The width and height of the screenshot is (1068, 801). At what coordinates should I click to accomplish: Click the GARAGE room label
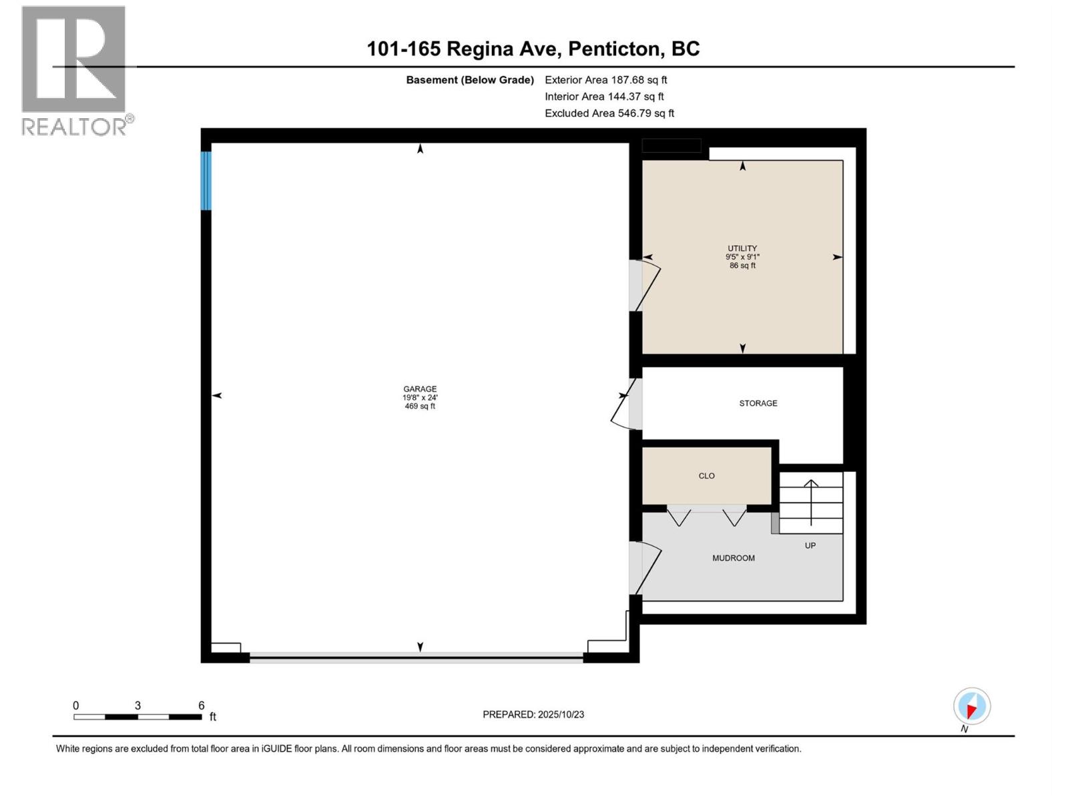point(420,388)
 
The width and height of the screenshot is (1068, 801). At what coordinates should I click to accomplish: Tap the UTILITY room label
point(742,248)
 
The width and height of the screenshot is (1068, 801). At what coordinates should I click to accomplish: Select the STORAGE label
point(758,403)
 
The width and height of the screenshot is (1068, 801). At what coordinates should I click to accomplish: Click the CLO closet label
point(706,476)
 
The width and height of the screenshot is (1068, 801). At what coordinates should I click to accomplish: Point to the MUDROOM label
point(733,558)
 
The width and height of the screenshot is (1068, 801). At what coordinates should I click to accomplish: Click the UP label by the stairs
point(810,545)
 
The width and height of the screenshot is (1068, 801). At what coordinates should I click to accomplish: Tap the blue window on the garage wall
point(206,181)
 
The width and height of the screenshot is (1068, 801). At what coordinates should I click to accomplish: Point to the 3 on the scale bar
point(138,706)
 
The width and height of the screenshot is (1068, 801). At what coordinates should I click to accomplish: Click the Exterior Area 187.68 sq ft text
point(605,80)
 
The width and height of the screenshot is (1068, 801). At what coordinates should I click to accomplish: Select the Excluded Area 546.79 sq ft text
point(609,113)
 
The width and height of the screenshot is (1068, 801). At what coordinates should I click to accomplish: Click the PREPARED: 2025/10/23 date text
point(533,714)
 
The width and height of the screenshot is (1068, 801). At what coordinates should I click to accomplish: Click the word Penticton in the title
point(615,49)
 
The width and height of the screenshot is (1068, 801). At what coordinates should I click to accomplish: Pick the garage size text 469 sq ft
point(420,406)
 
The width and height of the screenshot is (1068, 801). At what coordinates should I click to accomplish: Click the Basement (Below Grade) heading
point(470,80)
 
